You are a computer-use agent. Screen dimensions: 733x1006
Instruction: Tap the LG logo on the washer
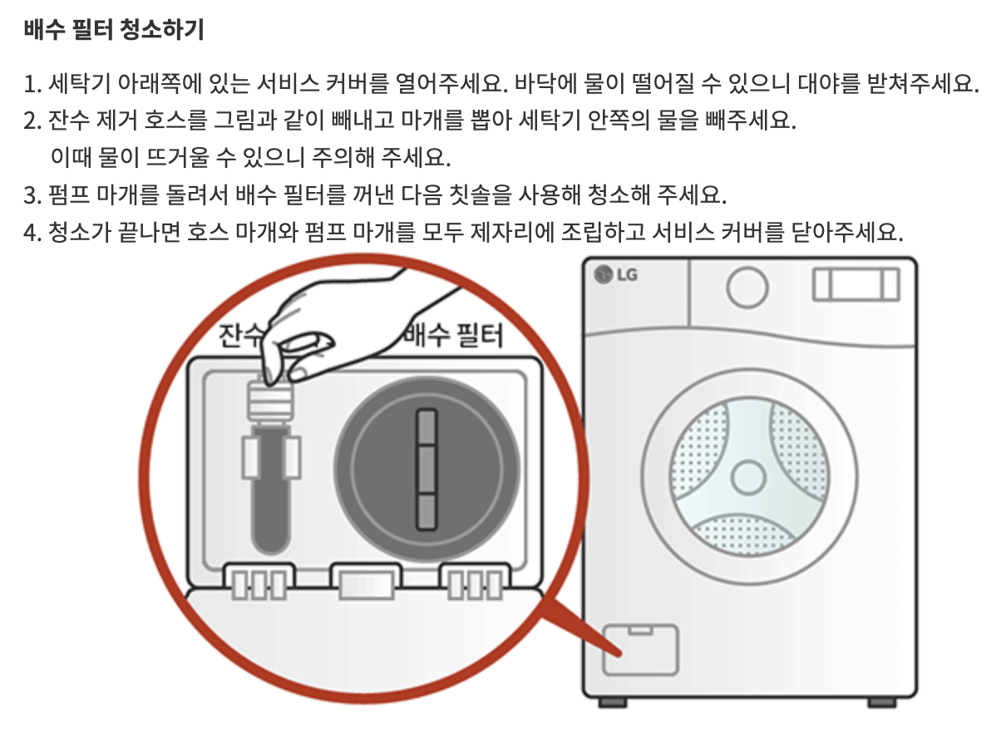[616, 275]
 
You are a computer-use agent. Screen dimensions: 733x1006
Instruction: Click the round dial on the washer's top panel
[746, 287]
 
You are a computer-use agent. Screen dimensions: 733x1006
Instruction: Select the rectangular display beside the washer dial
[856, 284]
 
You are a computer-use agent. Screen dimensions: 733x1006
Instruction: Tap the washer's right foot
[881, 702]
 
